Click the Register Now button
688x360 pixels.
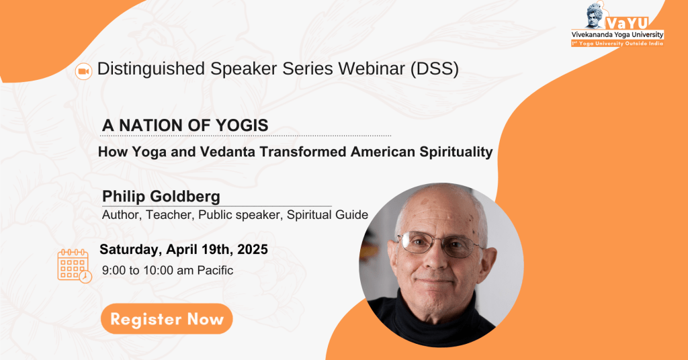click(x=167, y=319)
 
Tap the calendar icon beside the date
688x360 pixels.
click(x=74, y=266)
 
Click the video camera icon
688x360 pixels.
click(x=83, y=71)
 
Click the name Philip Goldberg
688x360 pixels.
click(x=161, y=196)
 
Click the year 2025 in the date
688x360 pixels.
click(x=253, y=249)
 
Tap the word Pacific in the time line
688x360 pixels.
click(x=215, y=270)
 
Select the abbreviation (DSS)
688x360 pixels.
click(x=435, y=69)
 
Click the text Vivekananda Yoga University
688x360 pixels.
click(x=617, y=35)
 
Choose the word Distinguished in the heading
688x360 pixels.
click(x=151, y=69)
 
